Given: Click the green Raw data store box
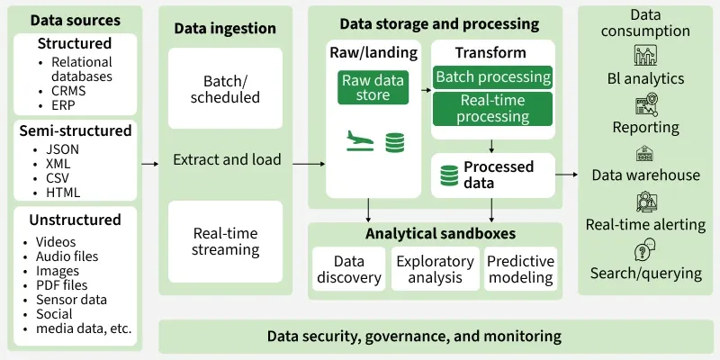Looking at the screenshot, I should (x=372, y=87).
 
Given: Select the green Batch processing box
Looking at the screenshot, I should (x=492, y=77).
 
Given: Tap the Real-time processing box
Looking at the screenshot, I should (x=492, y=109).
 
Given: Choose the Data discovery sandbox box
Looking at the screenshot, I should (x=348, y=269).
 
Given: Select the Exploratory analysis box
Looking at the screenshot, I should (x=435, y=269).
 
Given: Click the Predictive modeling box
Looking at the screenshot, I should (x=519, y=269).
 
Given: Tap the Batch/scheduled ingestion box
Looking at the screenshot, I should (x=225, y=88).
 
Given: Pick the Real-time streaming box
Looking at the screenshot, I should (x=225, y=241).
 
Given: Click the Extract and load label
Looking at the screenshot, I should (x=227, y=160).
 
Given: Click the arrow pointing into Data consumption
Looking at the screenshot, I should (x=568, y=175).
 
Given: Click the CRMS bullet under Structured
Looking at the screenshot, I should (x=55, y=91).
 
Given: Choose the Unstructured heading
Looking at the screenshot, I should (x=76, y=220).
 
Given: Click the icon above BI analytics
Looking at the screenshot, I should (x=644, y=56).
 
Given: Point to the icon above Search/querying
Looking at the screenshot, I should (x=644, y=249).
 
